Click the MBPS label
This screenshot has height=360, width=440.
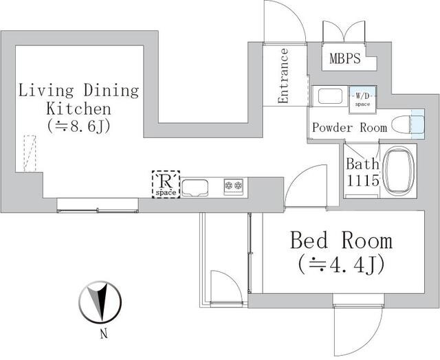pos(344,59)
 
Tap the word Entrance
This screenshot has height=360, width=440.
pos(283,76)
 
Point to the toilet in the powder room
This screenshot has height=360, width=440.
pos(404,125)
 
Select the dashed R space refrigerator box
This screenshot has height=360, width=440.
pos(166,184)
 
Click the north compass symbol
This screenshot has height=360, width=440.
pos(100,300)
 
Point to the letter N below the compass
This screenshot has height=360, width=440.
pos(103,335)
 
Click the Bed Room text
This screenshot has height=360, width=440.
pos(341,240)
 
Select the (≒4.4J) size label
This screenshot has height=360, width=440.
pos(341,263)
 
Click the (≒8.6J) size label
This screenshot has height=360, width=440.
pos(79,126)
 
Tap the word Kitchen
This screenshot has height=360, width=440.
pos(78,109)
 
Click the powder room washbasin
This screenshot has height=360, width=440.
pos(330,96)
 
